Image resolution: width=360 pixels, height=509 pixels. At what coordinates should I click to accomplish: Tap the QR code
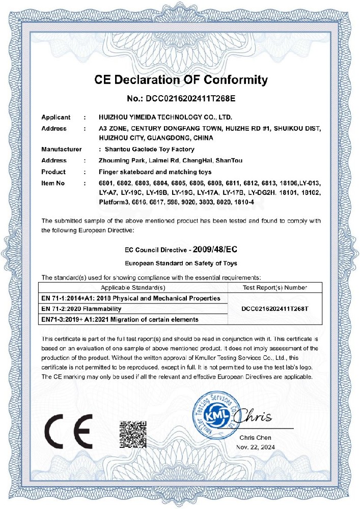(x=133, y=434)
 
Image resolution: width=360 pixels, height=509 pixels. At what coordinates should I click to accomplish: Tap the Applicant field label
(x=56, y=118)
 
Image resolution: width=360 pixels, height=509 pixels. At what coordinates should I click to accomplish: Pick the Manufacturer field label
(x=62, y=149)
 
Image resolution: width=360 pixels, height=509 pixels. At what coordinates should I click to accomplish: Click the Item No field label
(x=53, y=182)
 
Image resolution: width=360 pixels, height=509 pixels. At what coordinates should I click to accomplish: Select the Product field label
(x=53, y=172)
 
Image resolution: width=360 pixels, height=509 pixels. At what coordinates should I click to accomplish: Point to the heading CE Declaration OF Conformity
(x=181, y=80)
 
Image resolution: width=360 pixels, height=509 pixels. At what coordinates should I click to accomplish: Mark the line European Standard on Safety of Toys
(x=181, y=263)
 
